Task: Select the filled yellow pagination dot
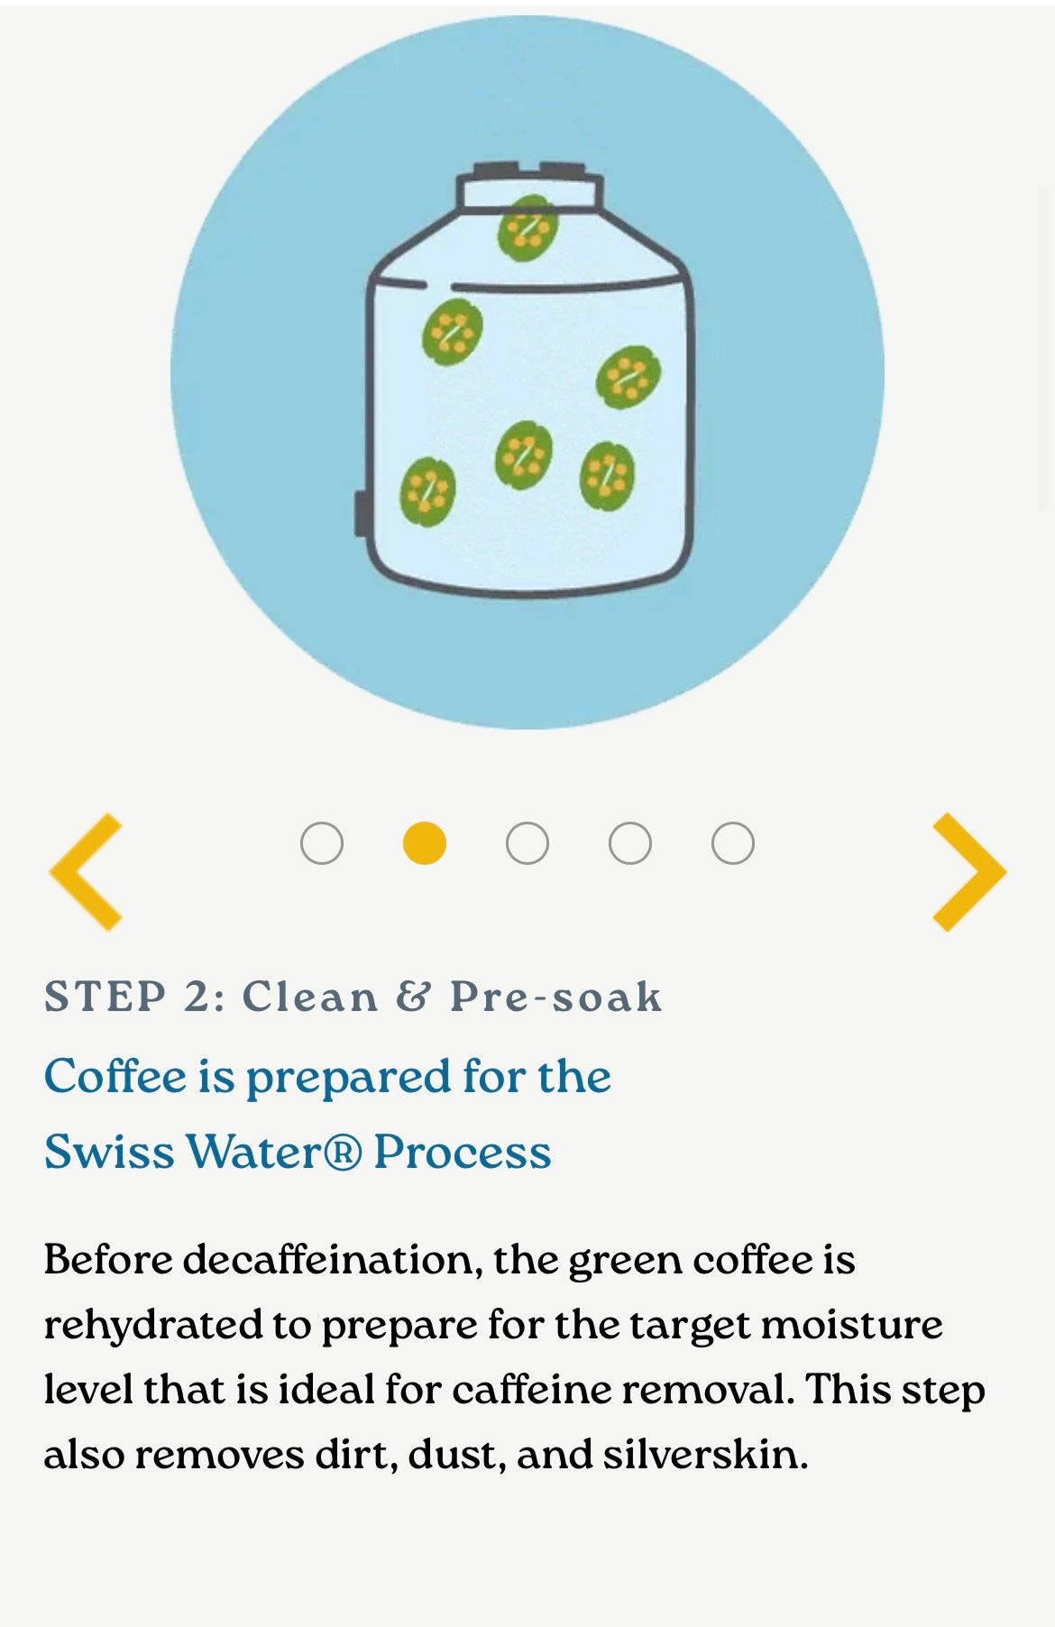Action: pyautogui.click(x=424, y=843)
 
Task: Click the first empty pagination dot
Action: pyautogui.click(x=322, y=843)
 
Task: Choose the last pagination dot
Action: pyautogui.click(x=732, y=843)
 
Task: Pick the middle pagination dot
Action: pyautogui.click(x=527, y=843)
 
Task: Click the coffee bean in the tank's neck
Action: pyautogui.click(x=527, y=228)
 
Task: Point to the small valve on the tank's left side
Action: pyautogui.click(x=361, y=514)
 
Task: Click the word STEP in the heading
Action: pyautogui.click(x=105, y=997)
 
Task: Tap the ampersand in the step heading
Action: pyautogui.click(x=414, y=997)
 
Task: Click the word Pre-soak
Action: pyautogui.click(x=556, y=997)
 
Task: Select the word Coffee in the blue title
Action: pyautogui.click(x=115, y=1076)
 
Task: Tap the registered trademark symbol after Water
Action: pyautogui.click(x=342, y=1153)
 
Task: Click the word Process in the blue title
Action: pyautogui.click(x=463, y=1153)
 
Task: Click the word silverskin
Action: pyautogui.click(x=705, y=1455)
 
